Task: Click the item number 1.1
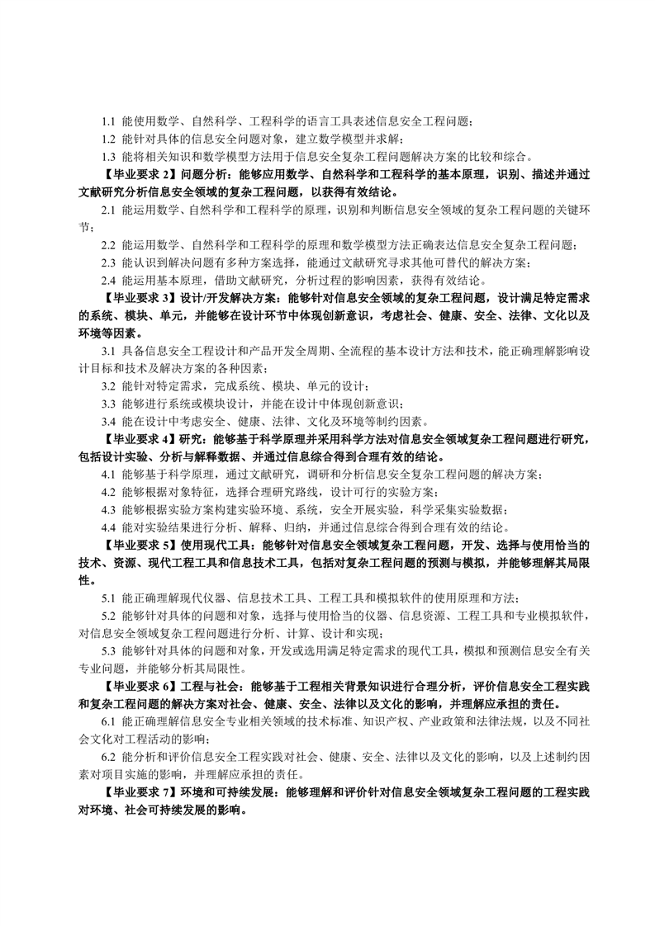coord(109,122)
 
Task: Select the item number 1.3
coord(109,157)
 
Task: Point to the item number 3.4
coord(109,421)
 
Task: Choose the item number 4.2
coord(109,491)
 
